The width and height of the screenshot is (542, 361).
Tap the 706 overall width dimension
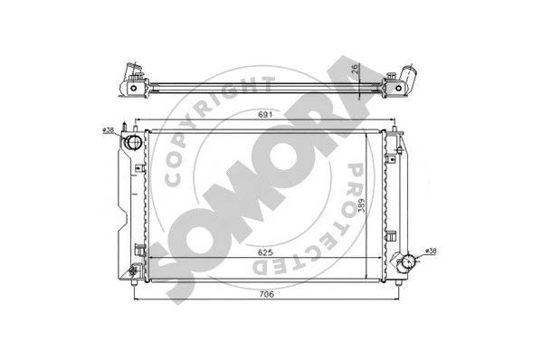(x=262, y=293)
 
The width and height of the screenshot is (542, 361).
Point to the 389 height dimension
(x=362, y=207)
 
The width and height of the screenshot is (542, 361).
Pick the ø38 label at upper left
(x=108, y=131)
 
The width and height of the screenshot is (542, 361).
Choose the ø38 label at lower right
(x=431, y=252)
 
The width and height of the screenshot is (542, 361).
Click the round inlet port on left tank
(x=134, y=145)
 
